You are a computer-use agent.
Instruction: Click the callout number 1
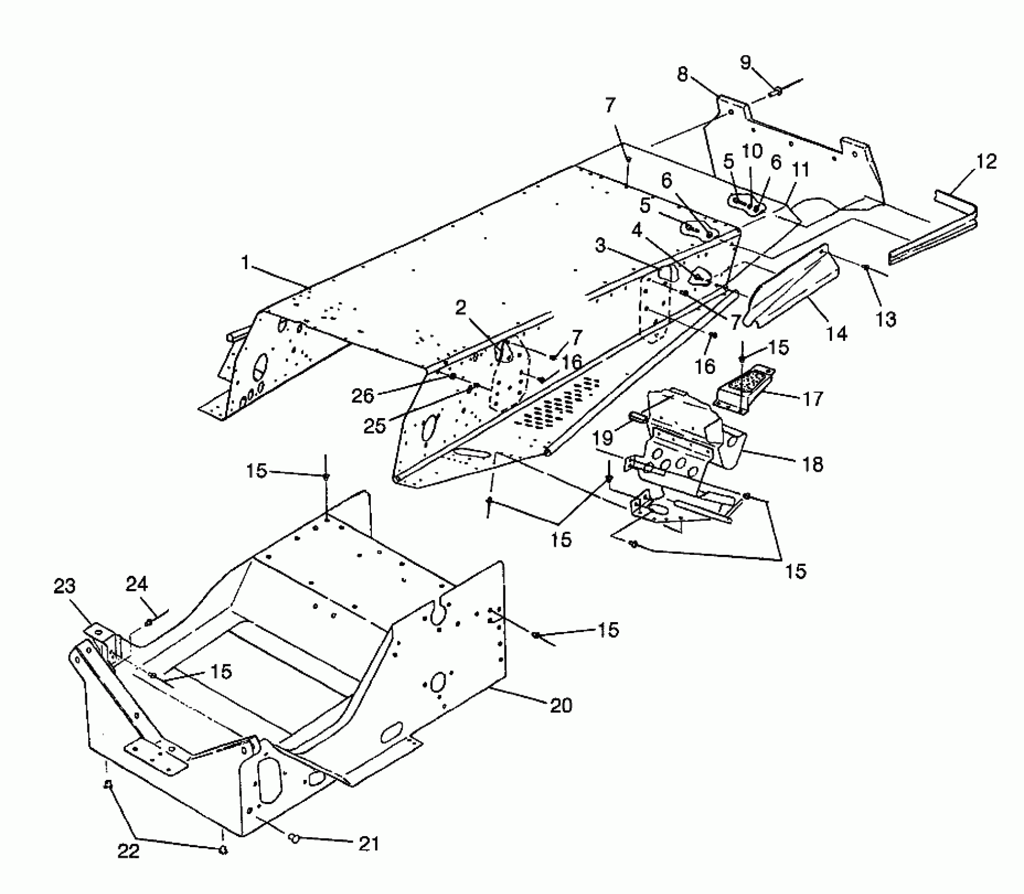click(x=245, y=262)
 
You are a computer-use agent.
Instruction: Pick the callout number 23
click(x=65, y=587)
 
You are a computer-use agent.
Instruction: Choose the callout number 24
click(x=137, y=584)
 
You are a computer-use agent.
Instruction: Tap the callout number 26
click(x=362, y=396)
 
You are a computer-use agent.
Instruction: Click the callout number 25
click(x=375, y=426)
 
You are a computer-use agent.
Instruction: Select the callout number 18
click(x=813, y=464)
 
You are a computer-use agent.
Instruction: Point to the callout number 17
click(x=813, y=399)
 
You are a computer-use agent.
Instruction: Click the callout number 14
click(x=837, y=333)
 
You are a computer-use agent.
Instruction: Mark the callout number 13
click(x=886, y=319)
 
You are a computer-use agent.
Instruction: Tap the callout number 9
click(x=745, y=63)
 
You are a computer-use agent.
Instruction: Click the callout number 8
click(x=682, y=75)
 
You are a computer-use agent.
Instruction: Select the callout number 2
click(x=461, y=308)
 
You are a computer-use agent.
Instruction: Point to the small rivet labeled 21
click(x=293, y=838)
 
